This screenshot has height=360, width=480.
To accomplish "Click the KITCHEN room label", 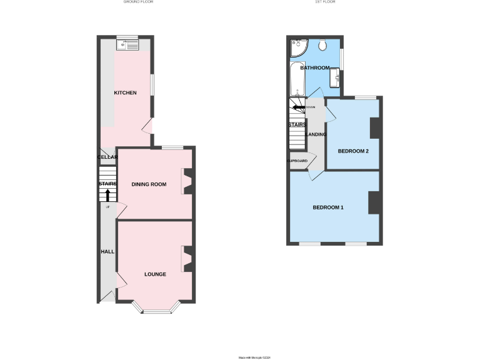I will pyautogui.click(x=125, y=93).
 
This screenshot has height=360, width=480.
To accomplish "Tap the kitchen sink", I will pyautogui.click(x=127, y=44).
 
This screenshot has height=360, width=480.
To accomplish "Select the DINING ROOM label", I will pyautogui.click(x=149, y=184).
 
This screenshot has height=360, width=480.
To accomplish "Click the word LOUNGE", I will pyautogui.click(x=155, y=274).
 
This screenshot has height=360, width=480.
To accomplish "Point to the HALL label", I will pyautogui.click(x=107, y=251).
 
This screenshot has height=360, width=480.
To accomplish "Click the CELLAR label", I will pyautogui.click(x=107, y=157).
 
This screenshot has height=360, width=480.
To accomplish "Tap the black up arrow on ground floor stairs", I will pyautogui.click(x=107, y=196).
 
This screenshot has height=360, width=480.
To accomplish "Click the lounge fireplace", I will pyautogui.click(x=187, y=259).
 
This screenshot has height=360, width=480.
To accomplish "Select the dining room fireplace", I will pyautogui.click(x=187, y=182).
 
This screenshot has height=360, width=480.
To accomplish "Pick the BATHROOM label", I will pyautogui.click(x=314, y=67).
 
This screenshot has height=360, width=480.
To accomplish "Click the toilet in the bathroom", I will pyautogui.click(x=323, y=46).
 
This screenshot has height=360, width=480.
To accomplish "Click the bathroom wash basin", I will pyautogui.click(x=335, y=77).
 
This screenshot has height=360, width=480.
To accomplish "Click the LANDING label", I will pyautogui.click(x=315, y=134).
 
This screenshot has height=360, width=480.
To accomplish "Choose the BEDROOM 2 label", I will pyautogui.click(x=353, y=151).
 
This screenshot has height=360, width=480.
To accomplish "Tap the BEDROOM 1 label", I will pyautogui.click(x=328, y=207).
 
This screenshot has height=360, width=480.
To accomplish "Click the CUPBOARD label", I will pyautogui.click(x=297, y=161).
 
